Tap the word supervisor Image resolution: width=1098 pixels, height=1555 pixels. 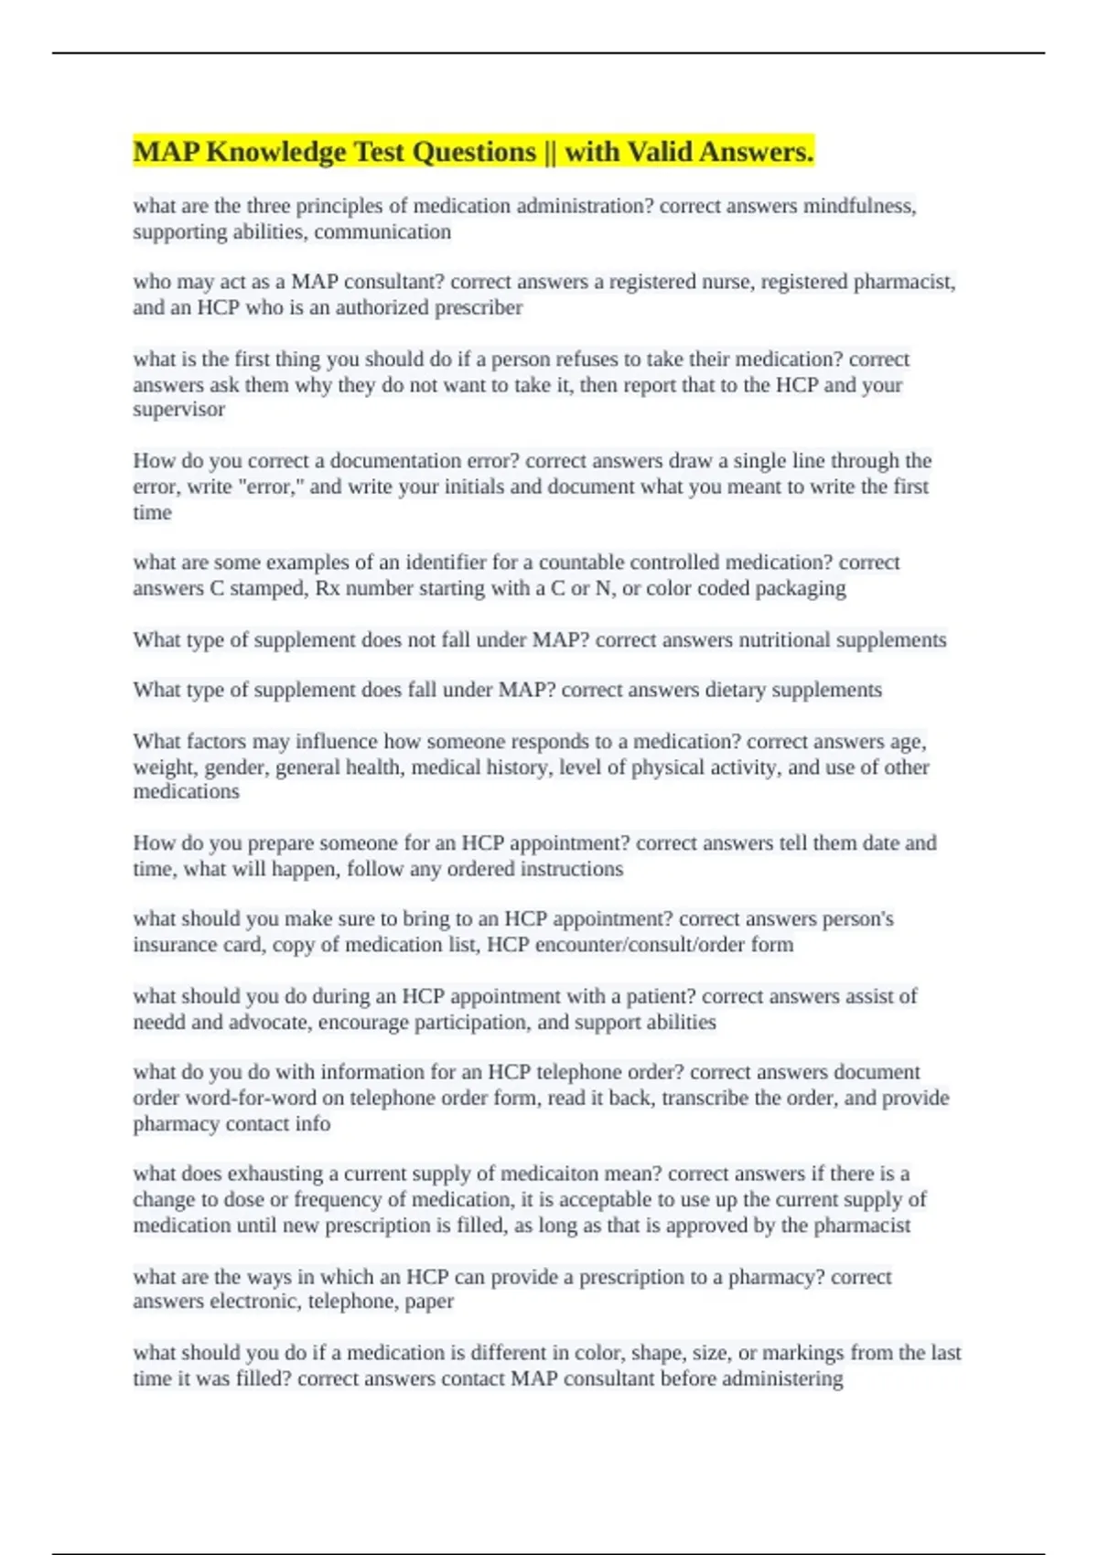coord(178,409)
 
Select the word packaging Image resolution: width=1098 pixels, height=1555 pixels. coord(800,588)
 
